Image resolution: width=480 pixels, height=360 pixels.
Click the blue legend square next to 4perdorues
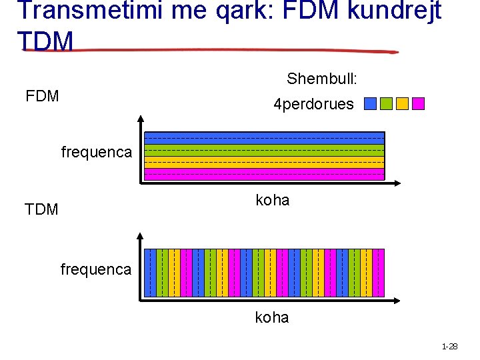[371, 104]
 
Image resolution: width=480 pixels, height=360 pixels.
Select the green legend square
[386, 104]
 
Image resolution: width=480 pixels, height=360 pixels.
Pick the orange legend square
[402, 104]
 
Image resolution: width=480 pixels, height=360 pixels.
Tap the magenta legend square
[418, 104]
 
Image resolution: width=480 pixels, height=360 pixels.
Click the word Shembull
[322, 79]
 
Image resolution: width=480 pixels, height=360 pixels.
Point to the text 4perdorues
[313, 104]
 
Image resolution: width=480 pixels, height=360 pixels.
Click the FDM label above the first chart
[42, 96]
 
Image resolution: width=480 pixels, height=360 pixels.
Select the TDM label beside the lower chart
[41, 209]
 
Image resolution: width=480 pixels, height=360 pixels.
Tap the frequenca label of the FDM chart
[96, 152]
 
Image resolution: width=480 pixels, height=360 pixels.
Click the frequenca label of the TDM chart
[96, 269]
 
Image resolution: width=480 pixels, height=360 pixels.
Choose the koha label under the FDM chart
[273, 200]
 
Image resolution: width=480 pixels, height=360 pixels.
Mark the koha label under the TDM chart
[272, 317]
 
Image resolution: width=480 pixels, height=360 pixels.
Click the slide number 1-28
[449, 347]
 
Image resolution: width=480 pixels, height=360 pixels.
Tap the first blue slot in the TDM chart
[150, 273]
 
